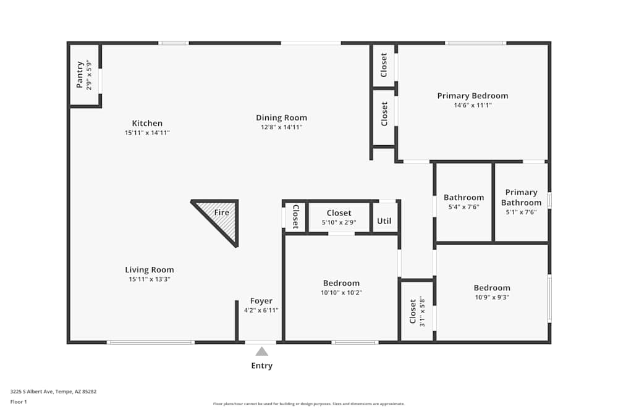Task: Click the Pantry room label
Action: pyautogui.click(x=80, y=75)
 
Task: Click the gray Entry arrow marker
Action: pyautogui.click(x=262, y=351)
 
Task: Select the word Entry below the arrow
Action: pyautogui.click(x=262, y=366)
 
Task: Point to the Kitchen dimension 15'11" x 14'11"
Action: pyautogui.click(x=147, y=133)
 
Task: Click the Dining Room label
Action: pyautogui.click(x=281, y=117)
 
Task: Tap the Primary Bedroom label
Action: pyautogui.click(x=473, y=96)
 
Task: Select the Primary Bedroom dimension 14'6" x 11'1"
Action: pyautogui.click(x=473, y=106)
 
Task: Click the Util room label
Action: pyautogui.click(x=384, y=221)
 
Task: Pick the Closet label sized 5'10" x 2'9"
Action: pyautogui.click(x=339, y=213)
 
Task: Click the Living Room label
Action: pyautogui.click(x=150, y=269)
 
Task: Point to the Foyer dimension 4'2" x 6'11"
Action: pyautogui.click(x=261, y=311)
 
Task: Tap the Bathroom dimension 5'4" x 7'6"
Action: pyautogui.click(x=464, y=208)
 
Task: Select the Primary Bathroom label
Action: pyautogui.click(x=521, y=198)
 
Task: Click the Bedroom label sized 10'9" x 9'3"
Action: pyautogui.click(x=492, y=287)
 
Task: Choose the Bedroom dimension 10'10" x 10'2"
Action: pyautogui.click(x=341, y=293)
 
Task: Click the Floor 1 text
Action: pyautogui.click(x=19, y=401)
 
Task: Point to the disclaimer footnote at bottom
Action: pyautogui.click(x=309, y=404)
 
